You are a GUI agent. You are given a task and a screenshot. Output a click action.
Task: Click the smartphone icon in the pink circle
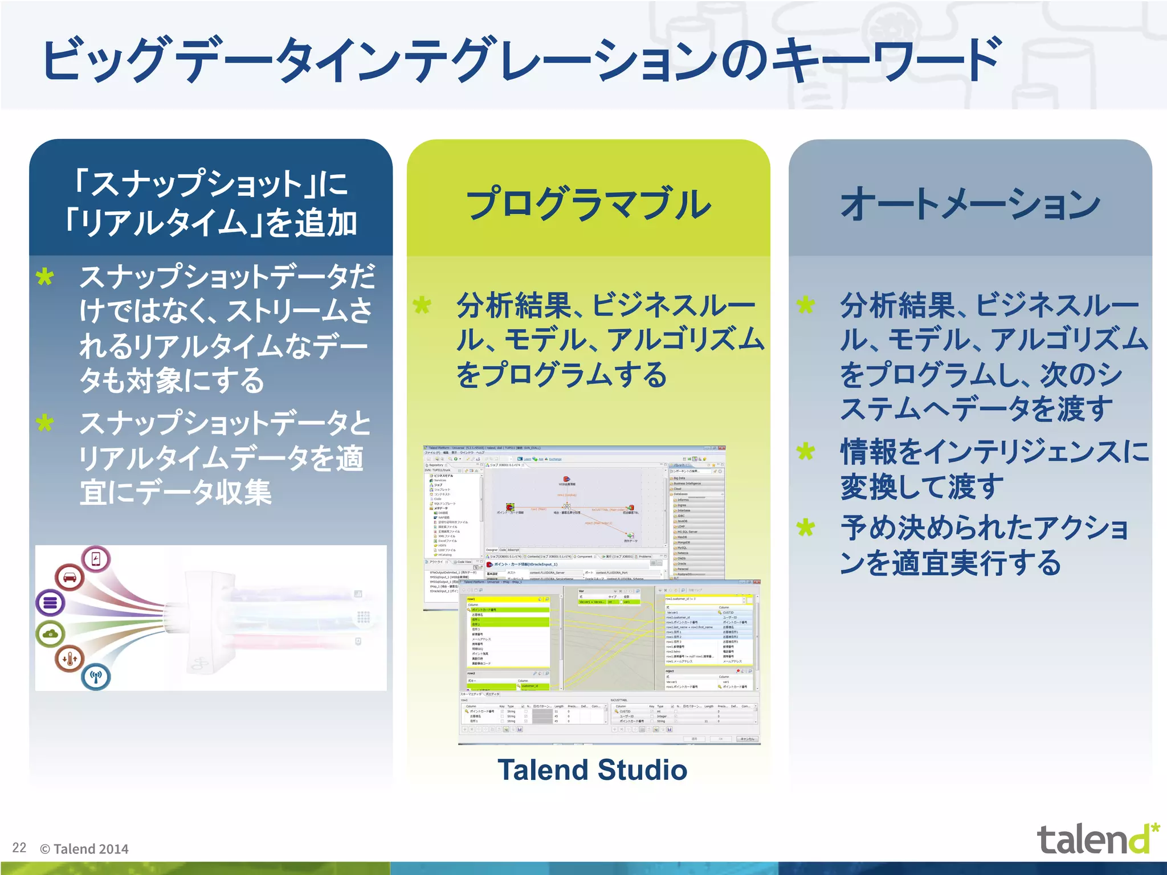96,559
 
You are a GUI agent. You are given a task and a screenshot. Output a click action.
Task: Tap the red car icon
70,577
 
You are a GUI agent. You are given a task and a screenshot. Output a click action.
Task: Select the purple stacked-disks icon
50,602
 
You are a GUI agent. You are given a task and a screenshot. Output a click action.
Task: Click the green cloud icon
51,633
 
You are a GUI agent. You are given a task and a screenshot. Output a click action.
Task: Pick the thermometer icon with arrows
70,659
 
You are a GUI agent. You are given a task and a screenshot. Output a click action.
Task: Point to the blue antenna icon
96,677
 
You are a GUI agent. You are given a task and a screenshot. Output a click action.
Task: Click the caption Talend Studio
592,770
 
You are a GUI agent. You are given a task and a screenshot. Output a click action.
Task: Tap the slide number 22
19,848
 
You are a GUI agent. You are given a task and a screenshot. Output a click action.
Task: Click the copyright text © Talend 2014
84,849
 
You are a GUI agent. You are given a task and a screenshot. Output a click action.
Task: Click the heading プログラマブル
589,203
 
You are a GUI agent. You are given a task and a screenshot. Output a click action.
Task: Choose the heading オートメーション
970,205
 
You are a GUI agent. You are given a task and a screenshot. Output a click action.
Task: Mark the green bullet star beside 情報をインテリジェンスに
806,452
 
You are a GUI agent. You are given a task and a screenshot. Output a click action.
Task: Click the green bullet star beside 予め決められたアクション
806,528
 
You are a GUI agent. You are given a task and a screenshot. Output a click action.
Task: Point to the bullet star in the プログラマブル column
422,305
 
